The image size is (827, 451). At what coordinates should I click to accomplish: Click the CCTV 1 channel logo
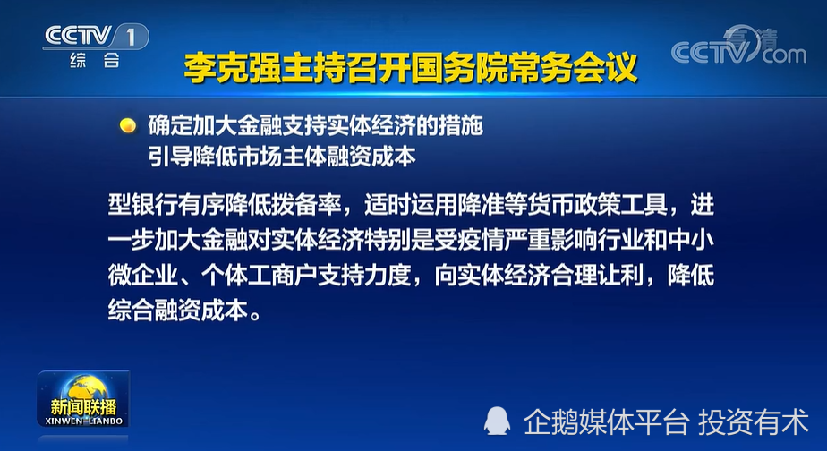pyautogui.click(x=96, y=37)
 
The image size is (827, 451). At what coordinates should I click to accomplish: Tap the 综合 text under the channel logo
pyautogui.click(x=95, y=61)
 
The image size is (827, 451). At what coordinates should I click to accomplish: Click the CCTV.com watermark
pyautogui.click(x=738, y=46)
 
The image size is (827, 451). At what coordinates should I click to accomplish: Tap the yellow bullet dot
pyautogui.click(x=128, y=125)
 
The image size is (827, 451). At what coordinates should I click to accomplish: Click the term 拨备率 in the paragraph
pyautogui.click(x=306, y=205)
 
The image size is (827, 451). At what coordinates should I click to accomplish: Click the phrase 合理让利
pyautogui.click(x=598, y=276)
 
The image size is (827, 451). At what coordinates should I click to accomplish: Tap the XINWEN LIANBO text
pyautogui.click(x=83, y=421)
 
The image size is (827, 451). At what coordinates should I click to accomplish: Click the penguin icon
pyautogui.click(x=497, y=421)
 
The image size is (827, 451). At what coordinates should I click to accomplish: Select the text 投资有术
pyautogui.click(x=753, y=422)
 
